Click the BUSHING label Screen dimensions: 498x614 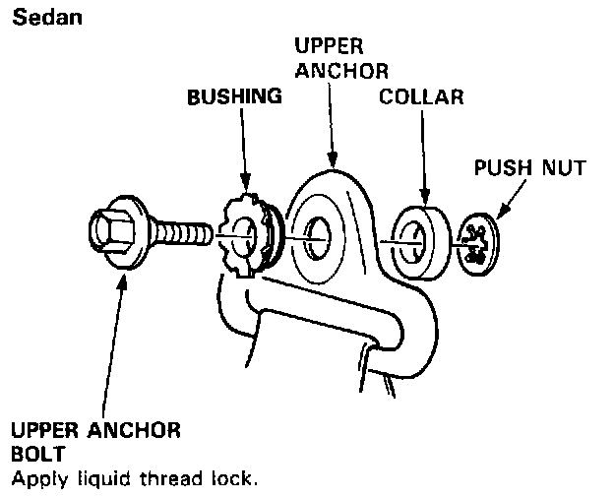tap(234, 97)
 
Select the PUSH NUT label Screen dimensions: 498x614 tap(530, 167)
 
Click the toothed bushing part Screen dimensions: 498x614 tap(243, 237)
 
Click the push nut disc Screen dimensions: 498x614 tap(479, 242)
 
